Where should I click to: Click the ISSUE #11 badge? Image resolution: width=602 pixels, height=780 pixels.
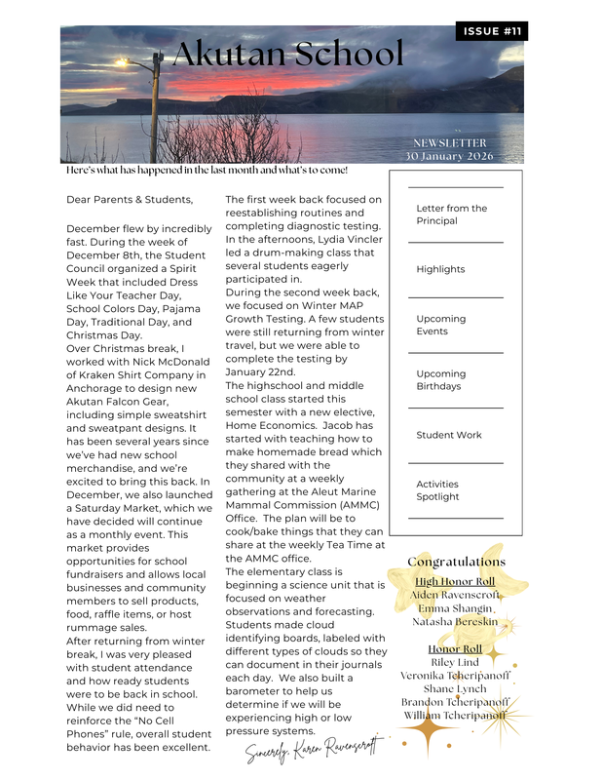[x=492, y=32]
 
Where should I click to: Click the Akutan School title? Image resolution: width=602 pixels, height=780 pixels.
[x=286, y=56]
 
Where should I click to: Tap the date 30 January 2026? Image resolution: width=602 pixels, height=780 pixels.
[x=449, y=156]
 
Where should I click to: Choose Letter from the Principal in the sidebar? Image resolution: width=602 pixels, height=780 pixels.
[x=451, y=214]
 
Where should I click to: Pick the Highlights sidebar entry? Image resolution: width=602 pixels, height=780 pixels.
[x=440, y=269]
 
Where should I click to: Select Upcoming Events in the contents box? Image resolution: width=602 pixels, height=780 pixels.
[x=440, y=325]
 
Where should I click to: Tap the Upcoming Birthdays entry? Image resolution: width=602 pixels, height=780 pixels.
[x=440, y=380]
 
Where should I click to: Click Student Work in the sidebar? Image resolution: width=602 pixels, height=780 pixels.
[x=448, y=435]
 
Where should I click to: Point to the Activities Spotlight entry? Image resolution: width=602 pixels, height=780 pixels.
[x=437, y=490]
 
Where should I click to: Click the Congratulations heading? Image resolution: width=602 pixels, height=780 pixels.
[x=456, y=562]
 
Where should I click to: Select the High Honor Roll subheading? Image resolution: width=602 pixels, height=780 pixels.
[x=454, y=582]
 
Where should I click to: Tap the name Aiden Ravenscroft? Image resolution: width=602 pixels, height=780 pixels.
[x=455, y=595]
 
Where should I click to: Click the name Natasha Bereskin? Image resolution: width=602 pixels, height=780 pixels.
[x=456, y=621]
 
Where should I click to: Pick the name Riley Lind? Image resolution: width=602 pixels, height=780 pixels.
[x=455, y=662]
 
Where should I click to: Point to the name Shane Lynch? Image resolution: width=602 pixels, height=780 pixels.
[x=456, y=688]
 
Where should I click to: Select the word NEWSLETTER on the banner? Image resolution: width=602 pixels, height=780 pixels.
[x=449, y=142]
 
